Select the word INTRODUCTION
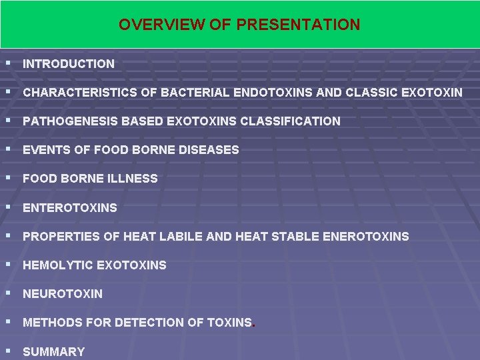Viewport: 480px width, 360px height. (69, 64)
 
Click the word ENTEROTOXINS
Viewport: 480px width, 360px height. (70, 208)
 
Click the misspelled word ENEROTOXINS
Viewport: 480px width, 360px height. (365, 237)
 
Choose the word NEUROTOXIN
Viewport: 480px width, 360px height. (63, 294)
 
